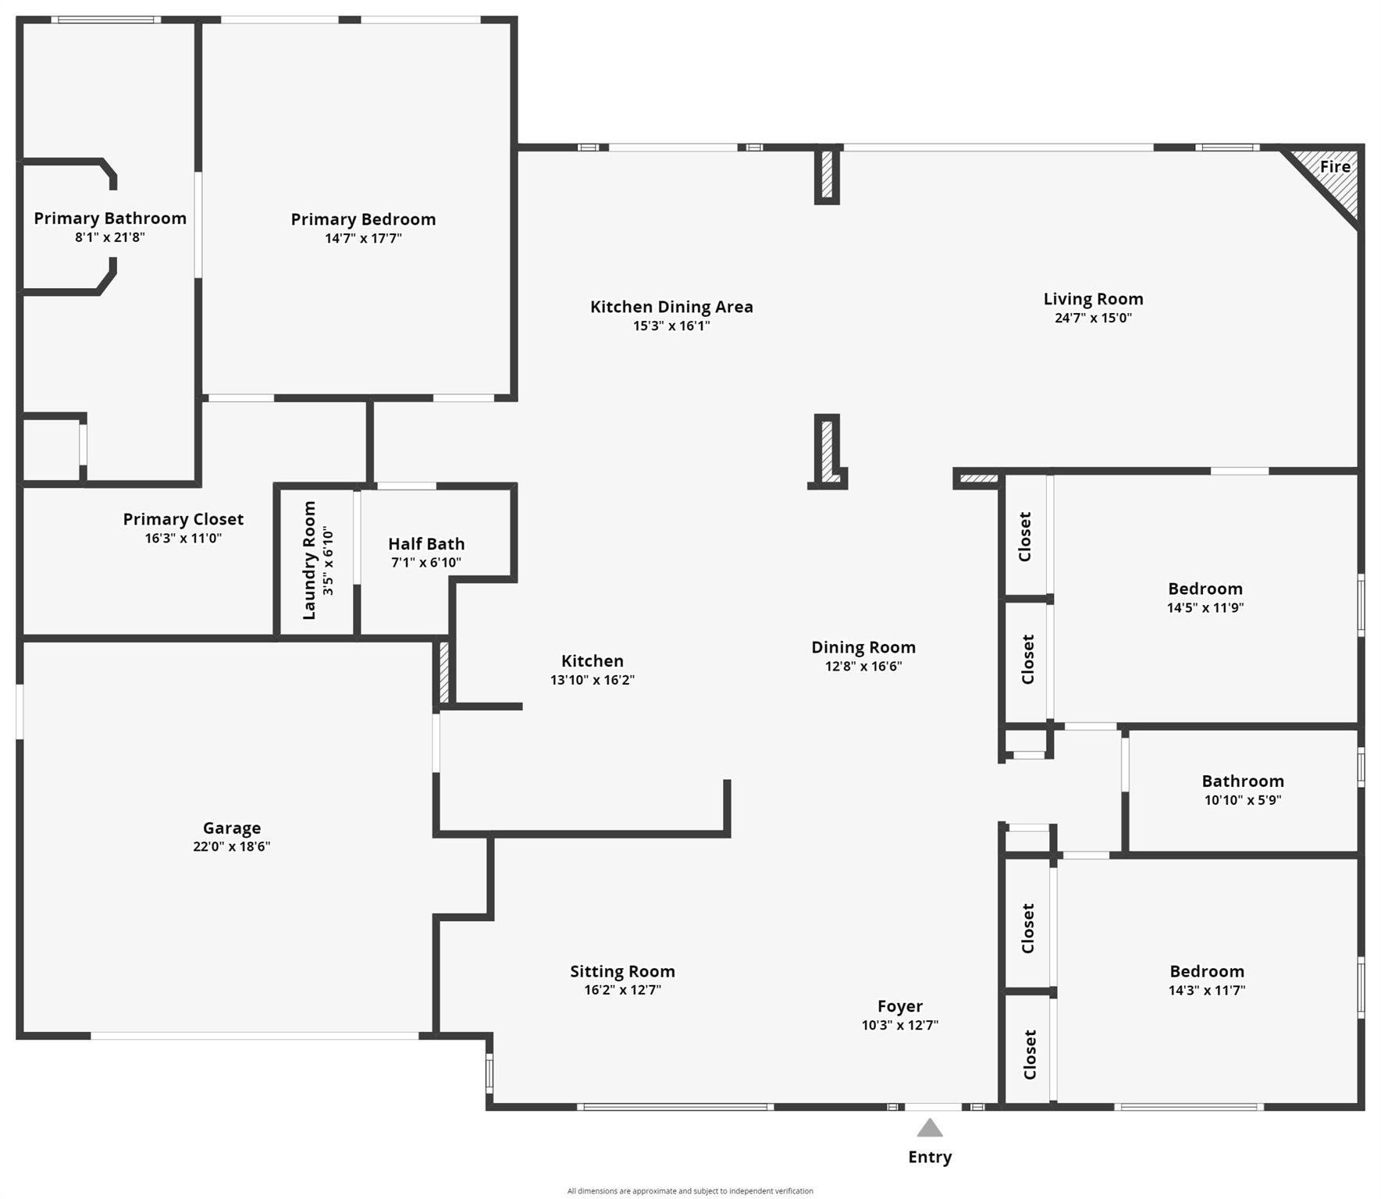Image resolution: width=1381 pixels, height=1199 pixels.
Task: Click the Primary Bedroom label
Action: click(363, 219)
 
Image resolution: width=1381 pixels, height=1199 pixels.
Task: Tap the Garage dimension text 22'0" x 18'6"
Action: click(232, 847)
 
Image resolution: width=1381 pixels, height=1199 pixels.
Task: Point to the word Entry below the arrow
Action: click(930, 1157)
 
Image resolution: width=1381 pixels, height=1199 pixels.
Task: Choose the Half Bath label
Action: click(426, 544)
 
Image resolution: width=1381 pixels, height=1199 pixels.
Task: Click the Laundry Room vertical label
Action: click(309, 560)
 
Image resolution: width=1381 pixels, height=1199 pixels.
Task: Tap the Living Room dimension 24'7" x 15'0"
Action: click(1093, 318)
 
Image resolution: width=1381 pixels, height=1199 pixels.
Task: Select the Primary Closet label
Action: click(183, 519)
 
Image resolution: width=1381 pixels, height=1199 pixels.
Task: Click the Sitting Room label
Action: click(622, 972)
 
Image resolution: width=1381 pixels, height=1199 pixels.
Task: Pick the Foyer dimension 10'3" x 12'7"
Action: click(900, 1026)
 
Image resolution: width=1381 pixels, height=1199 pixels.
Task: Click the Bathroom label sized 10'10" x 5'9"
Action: click(1243, 781)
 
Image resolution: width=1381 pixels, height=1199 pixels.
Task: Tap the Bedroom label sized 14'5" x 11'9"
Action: click(1205, 589)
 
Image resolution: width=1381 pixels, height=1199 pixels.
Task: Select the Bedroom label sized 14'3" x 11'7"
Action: click(1207, 972)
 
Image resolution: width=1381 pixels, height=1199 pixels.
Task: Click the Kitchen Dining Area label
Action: click(671, 307)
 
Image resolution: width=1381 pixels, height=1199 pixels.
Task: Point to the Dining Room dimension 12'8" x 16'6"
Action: click(863, 667)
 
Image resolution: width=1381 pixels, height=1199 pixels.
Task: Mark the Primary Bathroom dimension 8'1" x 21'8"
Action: click(110, 237)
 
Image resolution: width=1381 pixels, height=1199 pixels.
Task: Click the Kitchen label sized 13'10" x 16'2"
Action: click(593, 661)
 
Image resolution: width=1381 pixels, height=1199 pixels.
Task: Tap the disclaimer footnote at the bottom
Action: click(690, 1191)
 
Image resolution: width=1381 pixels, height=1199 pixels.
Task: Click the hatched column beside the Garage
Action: click(444, 672)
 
